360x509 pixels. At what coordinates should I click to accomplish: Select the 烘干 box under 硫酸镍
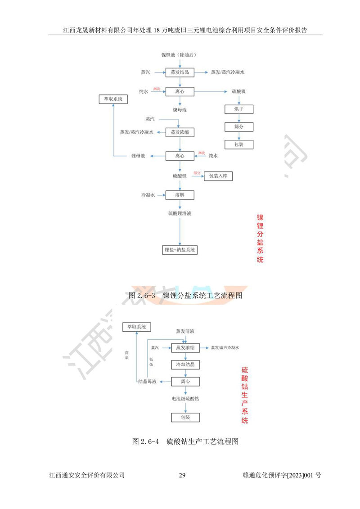coord(239,109)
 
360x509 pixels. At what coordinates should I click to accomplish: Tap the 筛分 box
coord(239,127)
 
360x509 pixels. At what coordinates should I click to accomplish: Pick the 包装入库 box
coord(218,176)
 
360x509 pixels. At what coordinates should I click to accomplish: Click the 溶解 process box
coord(180,195)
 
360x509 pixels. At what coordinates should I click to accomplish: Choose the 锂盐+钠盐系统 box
coord(180,250)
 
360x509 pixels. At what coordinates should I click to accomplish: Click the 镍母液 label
coord(180,109)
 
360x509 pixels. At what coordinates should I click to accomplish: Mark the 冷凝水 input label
coord(148,195)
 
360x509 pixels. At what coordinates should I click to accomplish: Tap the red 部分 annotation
coord(197,173)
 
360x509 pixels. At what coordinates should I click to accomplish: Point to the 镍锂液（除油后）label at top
coord(179,55)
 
